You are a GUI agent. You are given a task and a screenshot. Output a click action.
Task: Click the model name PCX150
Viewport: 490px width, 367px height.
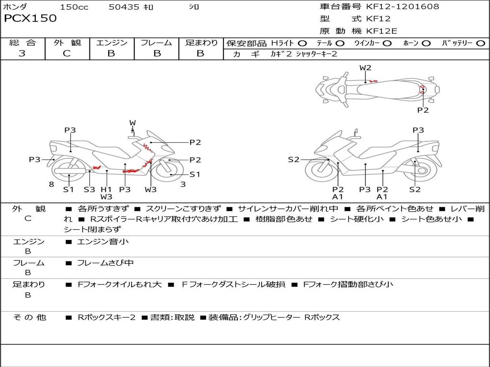pyautogui.click(x=30, y=18)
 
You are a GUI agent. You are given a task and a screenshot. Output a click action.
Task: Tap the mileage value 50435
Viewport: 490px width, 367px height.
pyautogui.click(x=124, y=7)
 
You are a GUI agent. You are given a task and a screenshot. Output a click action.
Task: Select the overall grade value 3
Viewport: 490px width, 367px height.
pyautogui.click(x=22, y=53)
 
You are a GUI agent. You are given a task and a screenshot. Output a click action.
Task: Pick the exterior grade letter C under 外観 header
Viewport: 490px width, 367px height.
pyautogui.click(x=67, y=54)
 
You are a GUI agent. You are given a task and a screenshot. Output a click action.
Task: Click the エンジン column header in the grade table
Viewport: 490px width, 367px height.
pyautogui.click(x=111, y=43)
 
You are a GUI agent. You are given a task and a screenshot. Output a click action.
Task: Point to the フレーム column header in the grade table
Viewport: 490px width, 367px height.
pyautogui.click(x=156, y=43)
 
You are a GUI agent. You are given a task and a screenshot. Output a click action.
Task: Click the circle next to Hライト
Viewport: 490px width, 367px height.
pyautogui.click(x=302, y=43)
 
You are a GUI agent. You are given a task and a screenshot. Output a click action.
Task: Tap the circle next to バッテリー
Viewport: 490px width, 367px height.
pyautogui.click(x=480, y=43)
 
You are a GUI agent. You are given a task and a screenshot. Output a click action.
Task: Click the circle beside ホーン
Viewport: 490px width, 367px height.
pyautogui.click(x=426, y=43)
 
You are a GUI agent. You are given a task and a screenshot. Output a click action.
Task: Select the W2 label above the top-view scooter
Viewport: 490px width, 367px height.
pyautogui.click(x=365, y=68)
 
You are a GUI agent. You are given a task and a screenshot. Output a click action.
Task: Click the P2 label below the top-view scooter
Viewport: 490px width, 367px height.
pyautogui.click(x=423, y=110)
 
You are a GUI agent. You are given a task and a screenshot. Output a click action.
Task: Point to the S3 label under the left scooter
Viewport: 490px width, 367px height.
pyautogui.click(x=89, y=189)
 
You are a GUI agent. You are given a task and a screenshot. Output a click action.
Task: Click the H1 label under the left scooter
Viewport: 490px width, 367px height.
pyautogui.click(x=106, y=189)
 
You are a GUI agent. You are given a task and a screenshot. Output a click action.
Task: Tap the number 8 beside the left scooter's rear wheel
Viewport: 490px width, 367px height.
pyautogui.click(x=52, y=184)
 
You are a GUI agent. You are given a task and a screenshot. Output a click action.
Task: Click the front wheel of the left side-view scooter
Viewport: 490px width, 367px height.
pyautogui.click(x=169, y=172)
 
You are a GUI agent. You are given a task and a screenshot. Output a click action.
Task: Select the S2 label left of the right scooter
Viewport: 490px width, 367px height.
pyautogui.click(x=294, y=160)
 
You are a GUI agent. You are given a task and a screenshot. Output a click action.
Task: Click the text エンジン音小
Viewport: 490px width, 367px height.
pyautogui.click(x=103, y=241)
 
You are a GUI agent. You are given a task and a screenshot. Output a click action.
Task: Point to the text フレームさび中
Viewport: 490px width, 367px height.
pyautogui.click(x=105, y=263)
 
